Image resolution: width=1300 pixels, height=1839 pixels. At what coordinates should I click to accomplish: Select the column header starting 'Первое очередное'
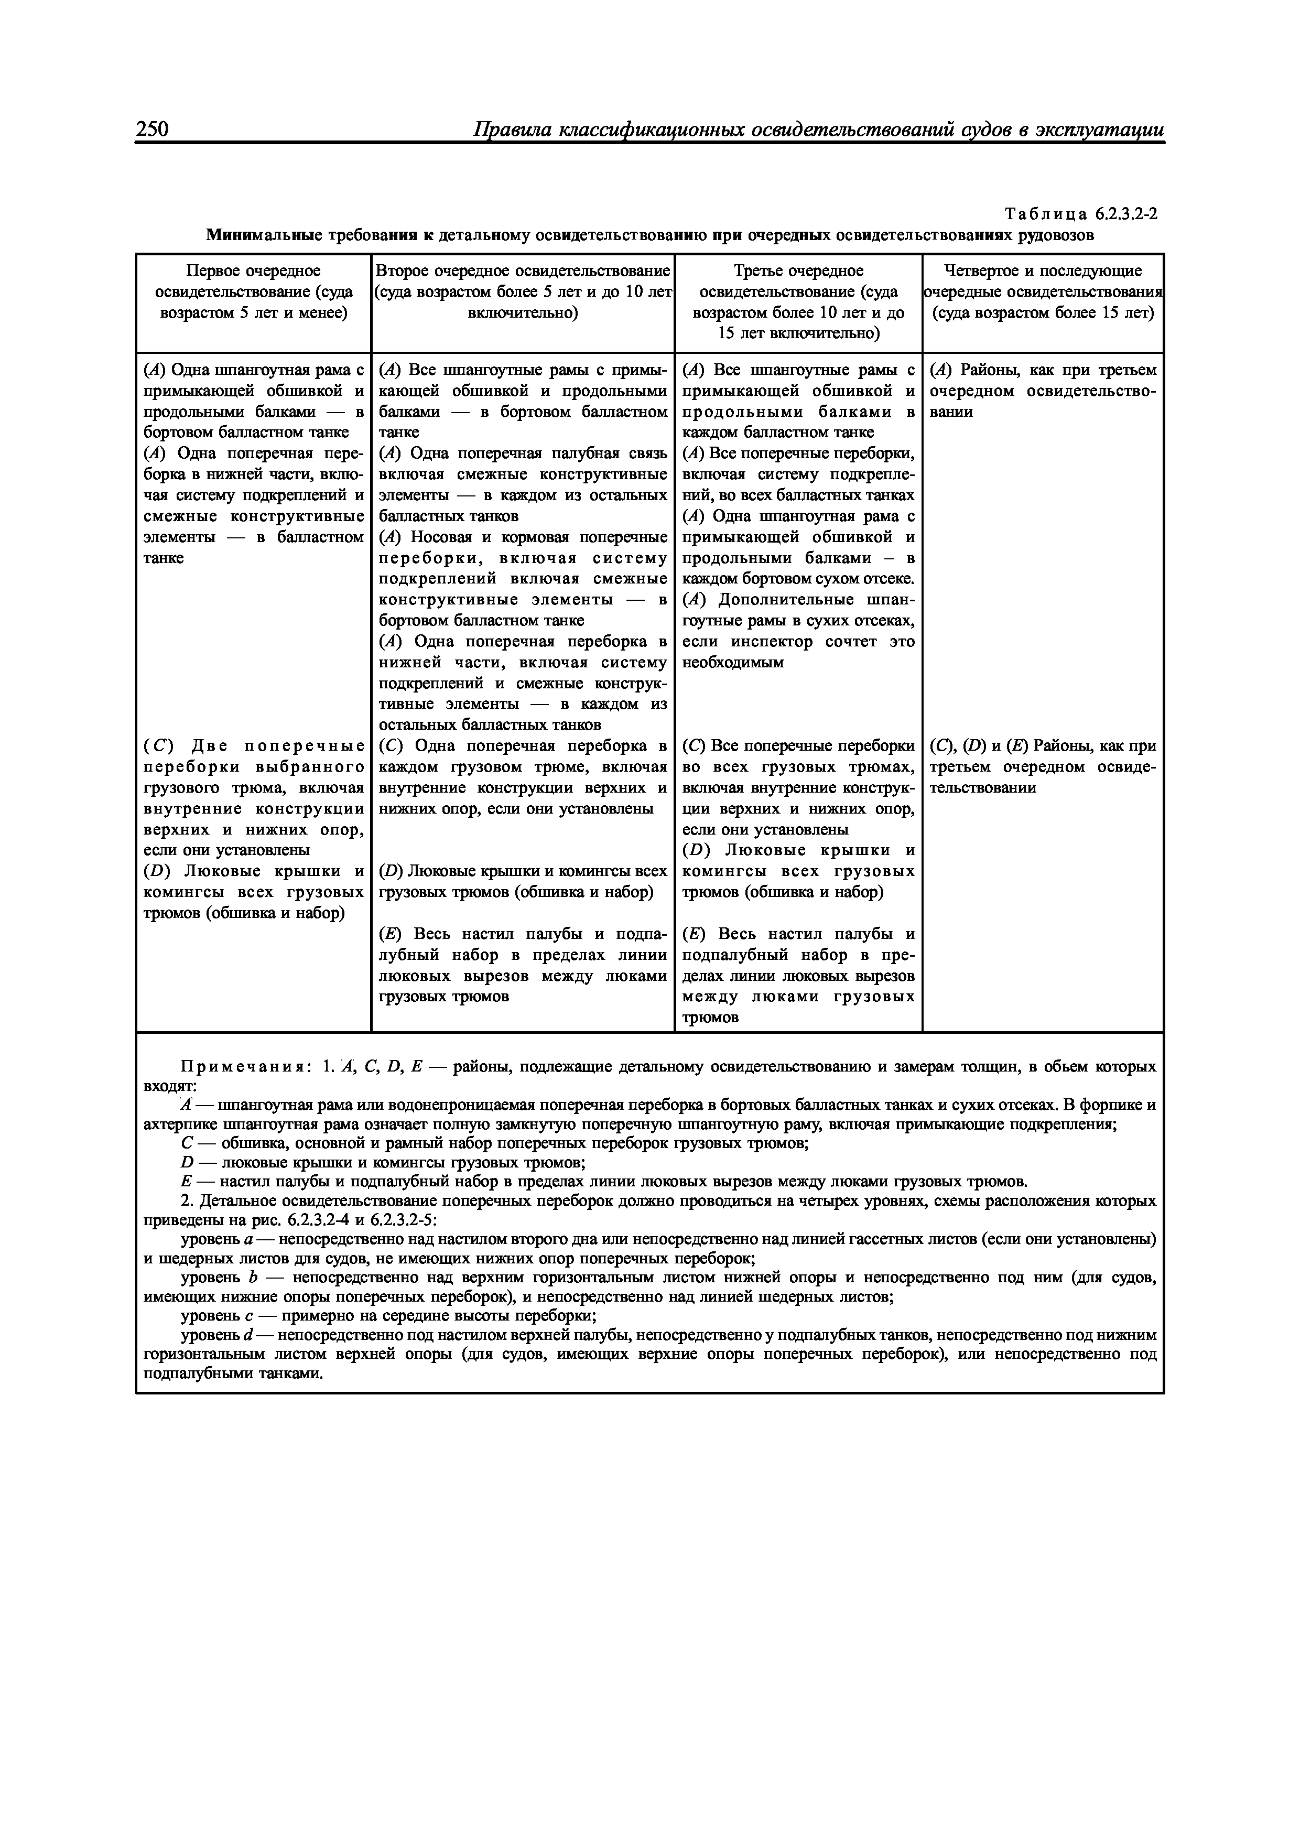(253, 291)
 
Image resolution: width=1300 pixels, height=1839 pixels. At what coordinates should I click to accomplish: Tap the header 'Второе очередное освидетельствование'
(522, 271)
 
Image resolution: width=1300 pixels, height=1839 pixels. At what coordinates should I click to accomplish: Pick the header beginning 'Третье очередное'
(798, 301)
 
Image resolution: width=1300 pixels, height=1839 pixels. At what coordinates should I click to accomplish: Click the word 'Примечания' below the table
(245, 1067)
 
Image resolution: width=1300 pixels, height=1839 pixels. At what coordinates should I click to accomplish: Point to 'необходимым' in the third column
(732, 663)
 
